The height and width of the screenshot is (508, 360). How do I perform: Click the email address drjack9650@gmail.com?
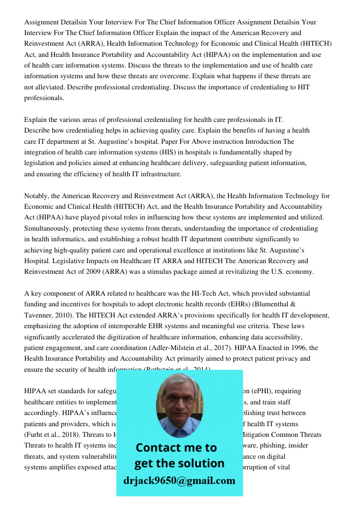pos(179,481)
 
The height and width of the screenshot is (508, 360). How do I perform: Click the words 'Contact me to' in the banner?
pos(176,448)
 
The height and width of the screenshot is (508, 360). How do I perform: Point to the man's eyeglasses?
pos(179,399)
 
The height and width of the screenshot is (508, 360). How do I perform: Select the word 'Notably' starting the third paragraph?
pos(36,196)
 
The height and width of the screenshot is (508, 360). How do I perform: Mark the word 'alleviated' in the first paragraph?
pos(52,87)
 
